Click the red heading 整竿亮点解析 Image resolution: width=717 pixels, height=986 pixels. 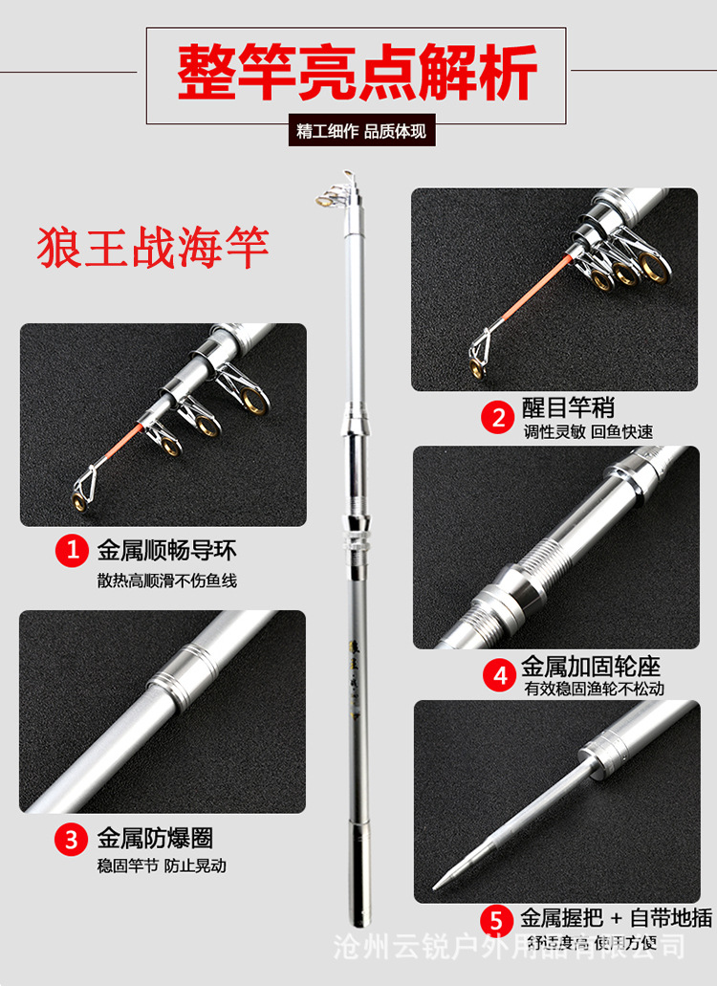[357, 76]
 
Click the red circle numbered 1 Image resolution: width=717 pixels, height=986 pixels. [71, 551]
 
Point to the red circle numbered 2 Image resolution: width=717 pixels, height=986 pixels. [498, 416]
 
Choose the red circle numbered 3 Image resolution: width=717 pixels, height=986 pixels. [71, 840]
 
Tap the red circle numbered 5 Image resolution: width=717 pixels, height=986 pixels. [496, 920]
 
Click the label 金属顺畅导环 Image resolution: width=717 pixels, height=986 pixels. [166, 551]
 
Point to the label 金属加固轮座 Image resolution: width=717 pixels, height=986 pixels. [590, 666]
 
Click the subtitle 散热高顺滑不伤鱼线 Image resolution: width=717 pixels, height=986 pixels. [166, 580]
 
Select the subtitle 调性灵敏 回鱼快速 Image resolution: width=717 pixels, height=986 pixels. [588, 431]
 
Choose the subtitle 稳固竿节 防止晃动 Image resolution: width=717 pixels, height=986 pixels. [162, 865]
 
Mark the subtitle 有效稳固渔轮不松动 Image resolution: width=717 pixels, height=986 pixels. [593, 688]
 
